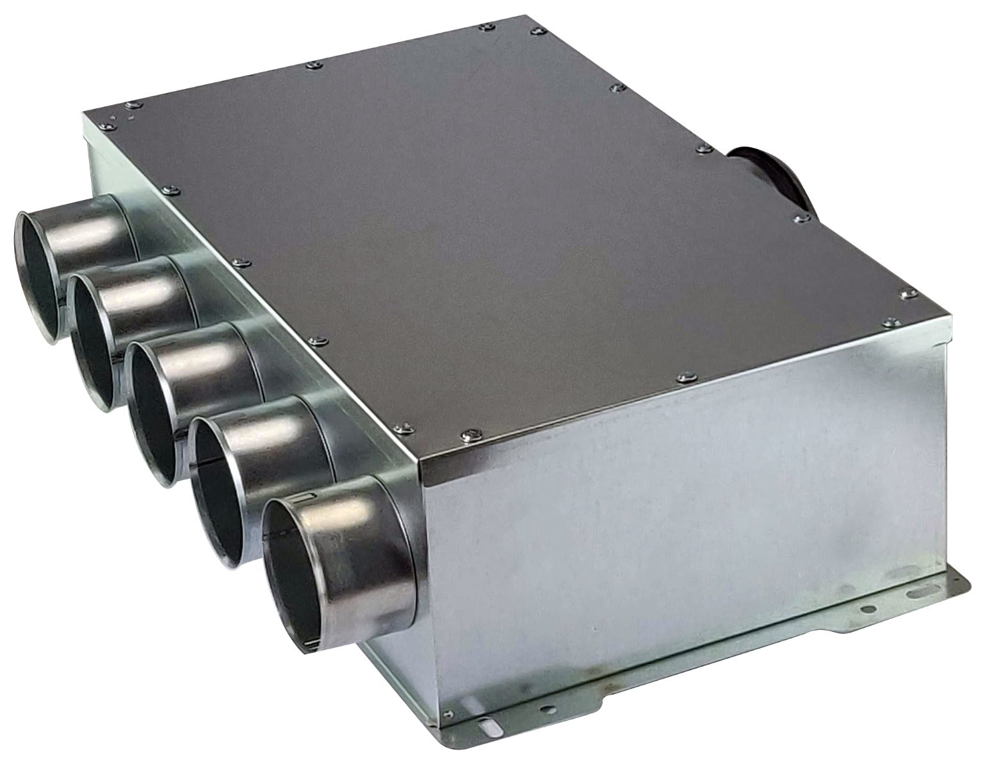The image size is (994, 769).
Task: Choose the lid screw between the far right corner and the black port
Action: coord(798,218)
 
